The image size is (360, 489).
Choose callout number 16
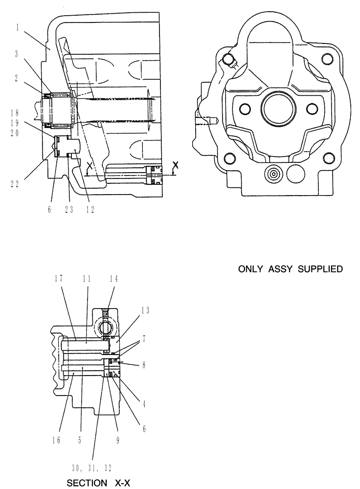[x=57, y=426]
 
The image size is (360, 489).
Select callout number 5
[x=80, y=426]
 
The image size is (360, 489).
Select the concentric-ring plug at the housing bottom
[x=272, y=173]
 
